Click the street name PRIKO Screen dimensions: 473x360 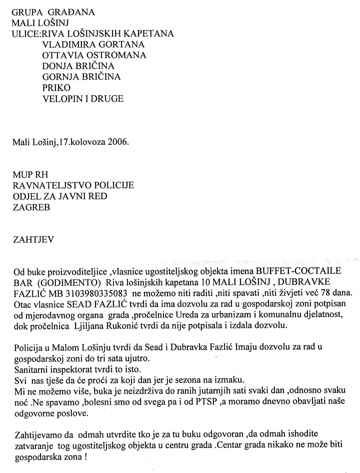pos(56,87)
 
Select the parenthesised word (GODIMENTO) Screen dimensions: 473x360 pos(70,282)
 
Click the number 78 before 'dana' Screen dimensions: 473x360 pos(320,292)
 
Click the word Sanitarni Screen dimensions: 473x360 pos(30,368)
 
